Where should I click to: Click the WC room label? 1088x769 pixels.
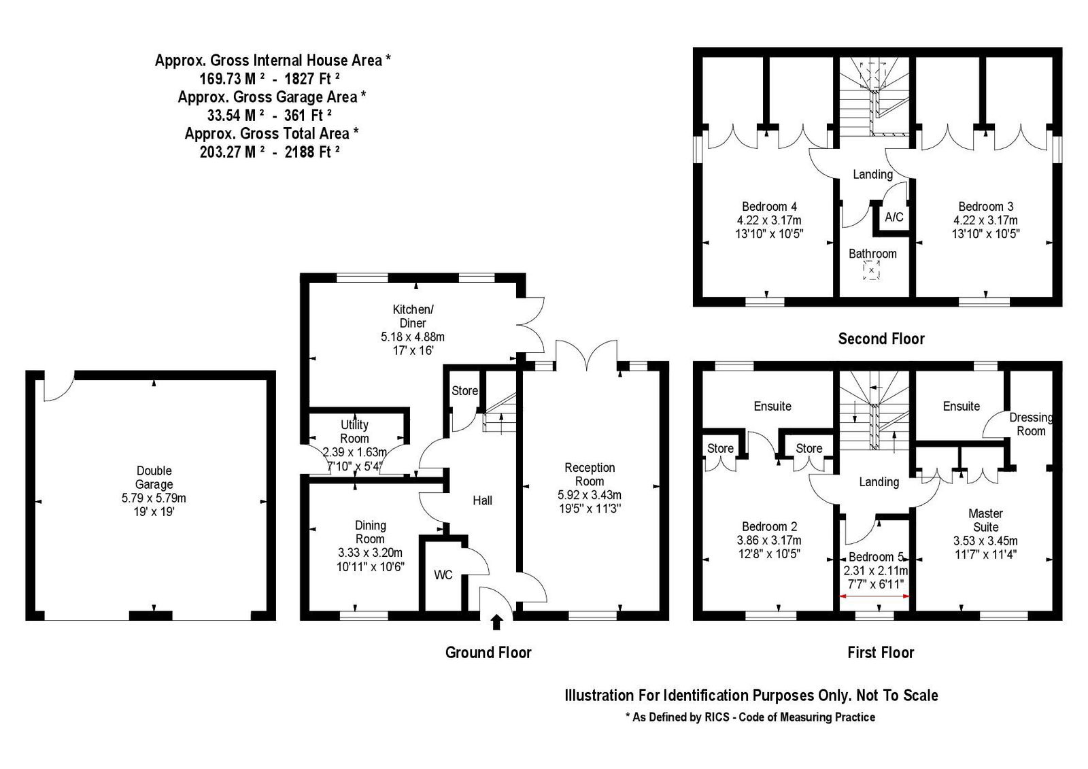pyautogui.click(x=443, y=575)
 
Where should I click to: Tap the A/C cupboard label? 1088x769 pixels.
pyautogui.click(x=894, y=217)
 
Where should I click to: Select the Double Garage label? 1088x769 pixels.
pyautogui.click(x=154, y=477)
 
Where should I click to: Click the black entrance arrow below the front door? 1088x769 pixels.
pyautogui.click(x=496, y=622)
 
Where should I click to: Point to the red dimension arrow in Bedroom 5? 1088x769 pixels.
pyautogui.click(x=874, y=596)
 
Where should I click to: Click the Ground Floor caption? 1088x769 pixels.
pyautogui.click(x=488, y=653)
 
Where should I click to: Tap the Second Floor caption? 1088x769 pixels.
pyautogui.click(x=881, y=339)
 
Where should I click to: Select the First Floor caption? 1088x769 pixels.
pyautogui.click(x=881, y=653)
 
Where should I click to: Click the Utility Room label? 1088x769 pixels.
pyautogui.click(x=354, y=431)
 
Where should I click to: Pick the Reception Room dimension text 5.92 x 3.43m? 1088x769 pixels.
pyautogui.click(x=589, y=495)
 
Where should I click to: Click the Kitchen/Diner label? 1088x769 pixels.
pyautogui.click(x=413, y=316)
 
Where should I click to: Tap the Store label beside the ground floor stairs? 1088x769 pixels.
pyautogui.click(x=464, y=390)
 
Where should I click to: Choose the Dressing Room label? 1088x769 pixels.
pyautogui.click(x=1031, y=424)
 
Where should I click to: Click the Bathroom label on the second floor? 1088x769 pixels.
pyautogui.click(x=872, y=254)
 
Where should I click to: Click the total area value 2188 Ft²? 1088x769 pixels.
pyautogui.click(x=312, y=152)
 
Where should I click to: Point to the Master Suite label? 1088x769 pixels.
pyautogui.click(x=985, y=520)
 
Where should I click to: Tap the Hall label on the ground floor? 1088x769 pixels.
pyautogui.click(x=482, y=500)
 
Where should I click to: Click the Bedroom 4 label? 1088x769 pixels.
pyautogui.click(x=769, y=207)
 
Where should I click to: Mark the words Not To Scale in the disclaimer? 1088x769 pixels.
pyautogui.click(x=897, y=696)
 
